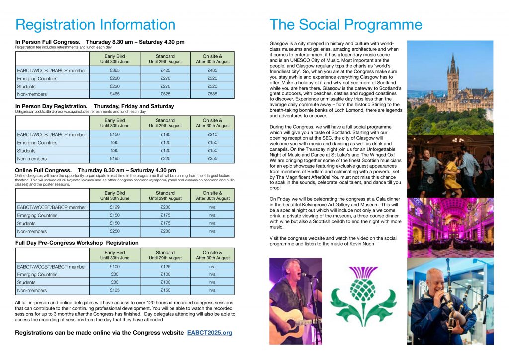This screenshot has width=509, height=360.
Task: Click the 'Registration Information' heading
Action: [95, 25]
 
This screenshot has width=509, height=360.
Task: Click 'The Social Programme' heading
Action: [345, 25]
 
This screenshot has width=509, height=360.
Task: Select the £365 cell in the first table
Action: [115, 70]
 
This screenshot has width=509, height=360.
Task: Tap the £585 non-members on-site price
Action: [213, 94]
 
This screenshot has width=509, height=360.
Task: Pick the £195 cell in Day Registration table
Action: [115, 158]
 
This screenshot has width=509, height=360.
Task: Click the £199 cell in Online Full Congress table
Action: [115, 207]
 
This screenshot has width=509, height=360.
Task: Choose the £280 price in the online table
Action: [165, 231]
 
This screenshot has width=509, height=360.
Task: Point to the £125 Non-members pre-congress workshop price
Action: [115, 290]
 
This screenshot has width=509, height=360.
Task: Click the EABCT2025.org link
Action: [209, 332]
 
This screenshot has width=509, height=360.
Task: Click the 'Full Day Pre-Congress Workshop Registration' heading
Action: [77, 243]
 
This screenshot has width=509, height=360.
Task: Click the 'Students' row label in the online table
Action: [26, 223]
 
